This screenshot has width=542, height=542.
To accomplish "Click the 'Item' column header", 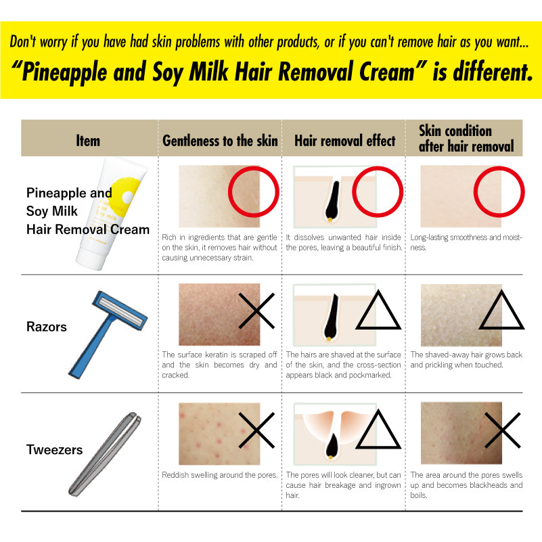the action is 88,141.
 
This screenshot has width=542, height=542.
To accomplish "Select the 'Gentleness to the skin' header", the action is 220,141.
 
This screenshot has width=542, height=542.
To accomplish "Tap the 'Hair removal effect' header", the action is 344,141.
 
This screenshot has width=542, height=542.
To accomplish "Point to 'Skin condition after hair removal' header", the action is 466,138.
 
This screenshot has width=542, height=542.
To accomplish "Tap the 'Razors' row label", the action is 46,327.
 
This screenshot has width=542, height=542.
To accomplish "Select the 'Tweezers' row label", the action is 54,450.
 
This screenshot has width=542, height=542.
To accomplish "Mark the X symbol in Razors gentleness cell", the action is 256,311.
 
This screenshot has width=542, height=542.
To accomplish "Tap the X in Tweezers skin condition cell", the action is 502,430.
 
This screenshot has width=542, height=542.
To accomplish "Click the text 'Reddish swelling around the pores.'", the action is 219,475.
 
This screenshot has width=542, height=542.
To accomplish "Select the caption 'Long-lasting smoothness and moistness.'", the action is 466,242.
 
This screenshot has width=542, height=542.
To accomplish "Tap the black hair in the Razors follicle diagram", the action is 332,316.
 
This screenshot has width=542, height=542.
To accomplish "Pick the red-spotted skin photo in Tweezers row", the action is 219,434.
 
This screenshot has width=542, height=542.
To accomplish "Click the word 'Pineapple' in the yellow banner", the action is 65,72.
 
